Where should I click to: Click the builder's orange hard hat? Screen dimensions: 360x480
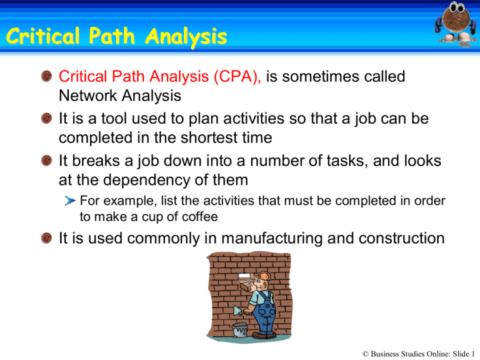263,277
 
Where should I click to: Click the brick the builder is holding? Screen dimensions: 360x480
249,287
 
